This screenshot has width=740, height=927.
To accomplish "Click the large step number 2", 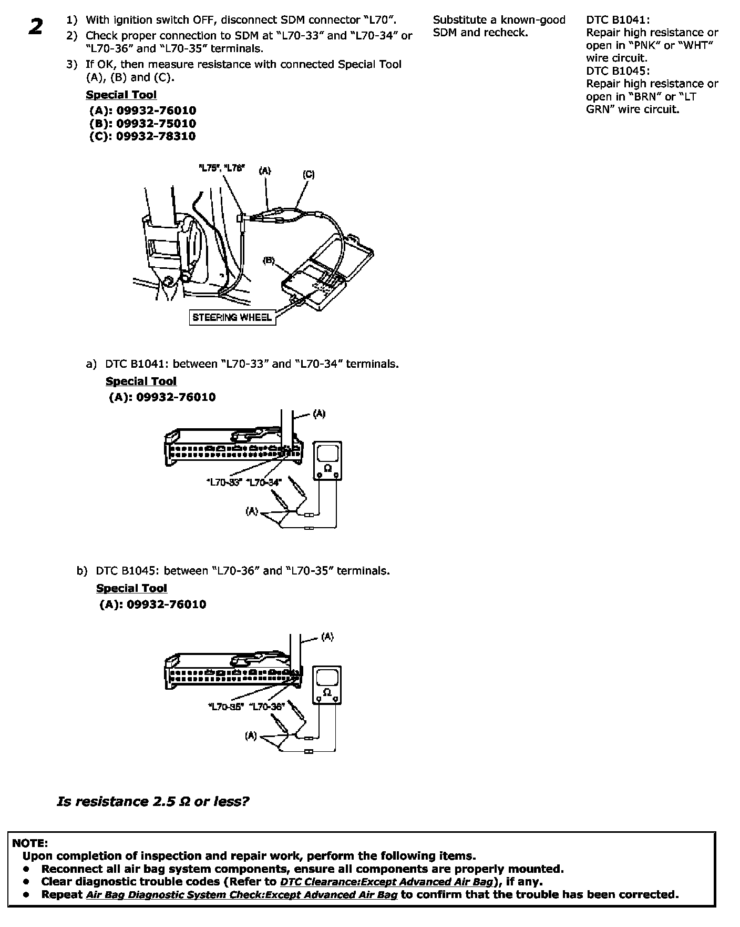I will tap(36, 27).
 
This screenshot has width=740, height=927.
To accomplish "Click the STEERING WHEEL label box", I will tap(232, 317).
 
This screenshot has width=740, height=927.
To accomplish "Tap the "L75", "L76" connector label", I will tap(222, 169).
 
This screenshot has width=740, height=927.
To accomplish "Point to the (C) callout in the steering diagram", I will tap(309, 174).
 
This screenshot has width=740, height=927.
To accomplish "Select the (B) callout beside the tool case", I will tap(269, 260).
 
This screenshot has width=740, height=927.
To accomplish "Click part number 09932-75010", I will tap(156, 124).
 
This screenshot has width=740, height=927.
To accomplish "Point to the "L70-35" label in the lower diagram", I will tap(225, 707).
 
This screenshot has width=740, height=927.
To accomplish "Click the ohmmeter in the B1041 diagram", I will tap(328, 461).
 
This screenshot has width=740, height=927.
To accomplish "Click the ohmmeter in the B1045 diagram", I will tap(327, 684).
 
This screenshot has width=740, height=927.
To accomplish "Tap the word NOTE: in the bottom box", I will tap(30, 843).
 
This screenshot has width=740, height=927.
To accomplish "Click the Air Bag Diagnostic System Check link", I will tap(242, 894).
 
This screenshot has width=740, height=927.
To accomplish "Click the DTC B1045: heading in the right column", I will tap(618, 70).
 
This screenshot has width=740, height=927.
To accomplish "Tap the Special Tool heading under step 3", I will tap(121, 95).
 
